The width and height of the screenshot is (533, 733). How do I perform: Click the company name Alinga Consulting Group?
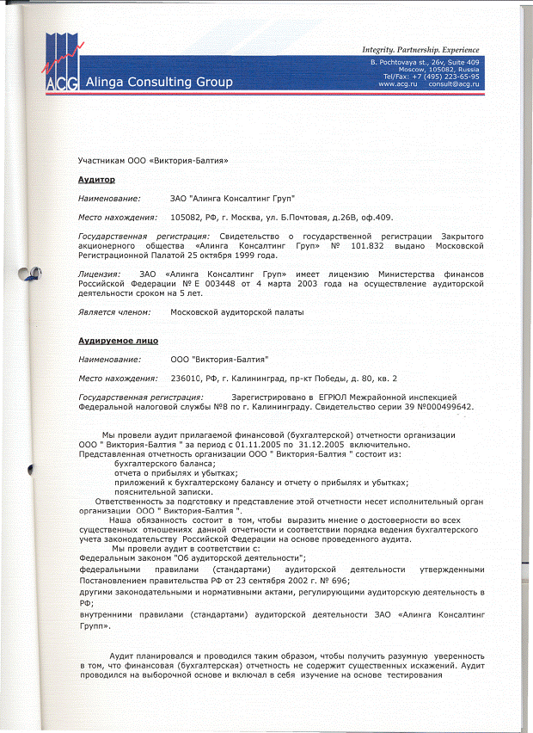click(x=159, y=83)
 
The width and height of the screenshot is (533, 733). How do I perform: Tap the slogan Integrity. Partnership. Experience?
click(x=420, y=50)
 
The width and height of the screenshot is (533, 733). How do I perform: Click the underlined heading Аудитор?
click(x=96, y=179)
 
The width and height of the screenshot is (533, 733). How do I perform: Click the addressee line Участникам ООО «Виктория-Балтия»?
click(x=154, y=160)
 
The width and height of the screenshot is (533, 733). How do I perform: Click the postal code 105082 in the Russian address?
click(x=190, y=217)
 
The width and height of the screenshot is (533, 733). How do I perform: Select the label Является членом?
click(x=114, y=311)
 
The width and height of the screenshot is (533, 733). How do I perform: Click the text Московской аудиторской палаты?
click(x=237, y=311)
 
